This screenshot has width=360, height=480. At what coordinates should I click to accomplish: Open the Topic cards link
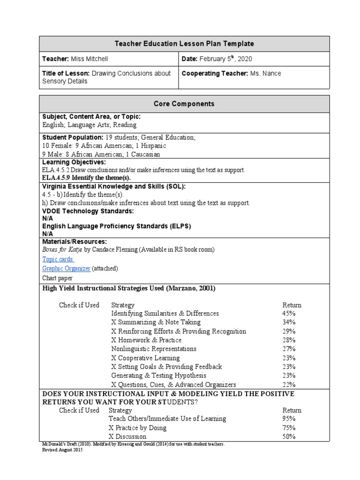58,259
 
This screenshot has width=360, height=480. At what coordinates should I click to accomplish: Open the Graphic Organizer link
66,268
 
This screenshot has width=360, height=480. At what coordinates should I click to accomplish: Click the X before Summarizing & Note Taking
113,322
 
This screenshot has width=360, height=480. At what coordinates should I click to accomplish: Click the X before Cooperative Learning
113,358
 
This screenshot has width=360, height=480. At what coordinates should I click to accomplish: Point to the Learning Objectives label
74,162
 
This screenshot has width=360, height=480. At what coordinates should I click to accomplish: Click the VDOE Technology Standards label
88,211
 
